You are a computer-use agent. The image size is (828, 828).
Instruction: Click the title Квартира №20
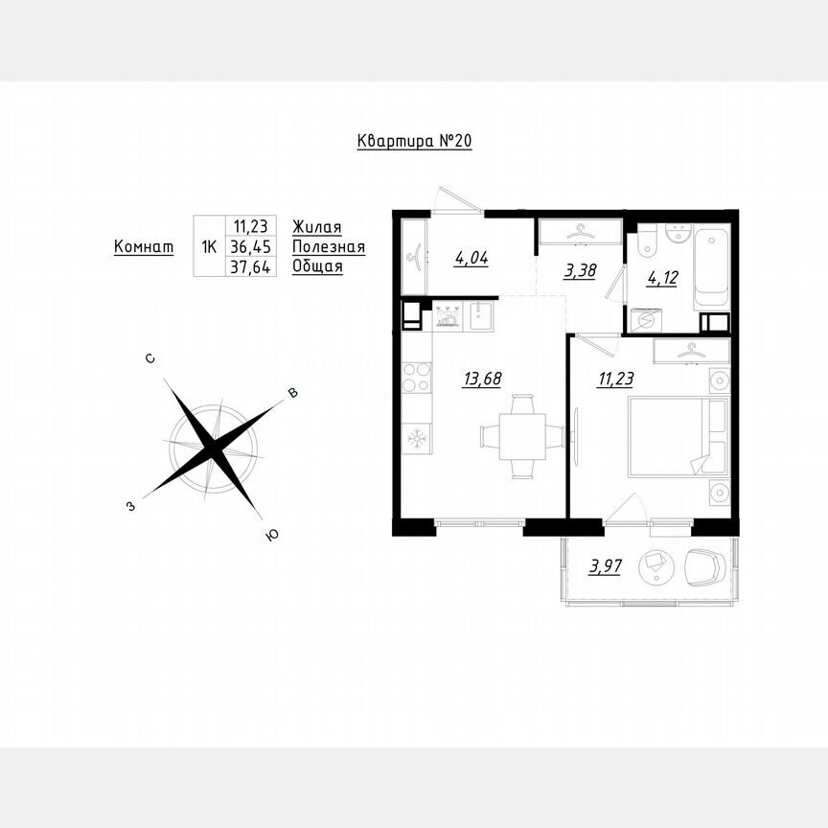tap(414, 142)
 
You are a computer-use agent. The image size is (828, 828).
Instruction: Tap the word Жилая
tap(317, 226)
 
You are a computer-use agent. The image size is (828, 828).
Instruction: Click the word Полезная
tap(329, 246)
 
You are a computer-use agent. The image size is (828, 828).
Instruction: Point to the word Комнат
tap(144, 246)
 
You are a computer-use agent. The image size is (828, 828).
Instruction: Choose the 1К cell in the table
tap(208, 246)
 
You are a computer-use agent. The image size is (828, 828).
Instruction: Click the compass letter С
tap(150, 358)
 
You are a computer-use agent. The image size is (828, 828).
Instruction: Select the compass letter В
tap(294, 393)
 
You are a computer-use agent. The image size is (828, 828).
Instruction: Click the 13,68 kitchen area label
tap(483, 379)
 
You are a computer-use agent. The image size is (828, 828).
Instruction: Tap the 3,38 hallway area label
tap(580, 270)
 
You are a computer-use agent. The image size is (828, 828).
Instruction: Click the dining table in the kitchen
tap(522, 437)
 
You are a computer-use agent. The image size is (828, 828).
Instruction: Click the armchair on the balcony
tap(706, 565)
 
